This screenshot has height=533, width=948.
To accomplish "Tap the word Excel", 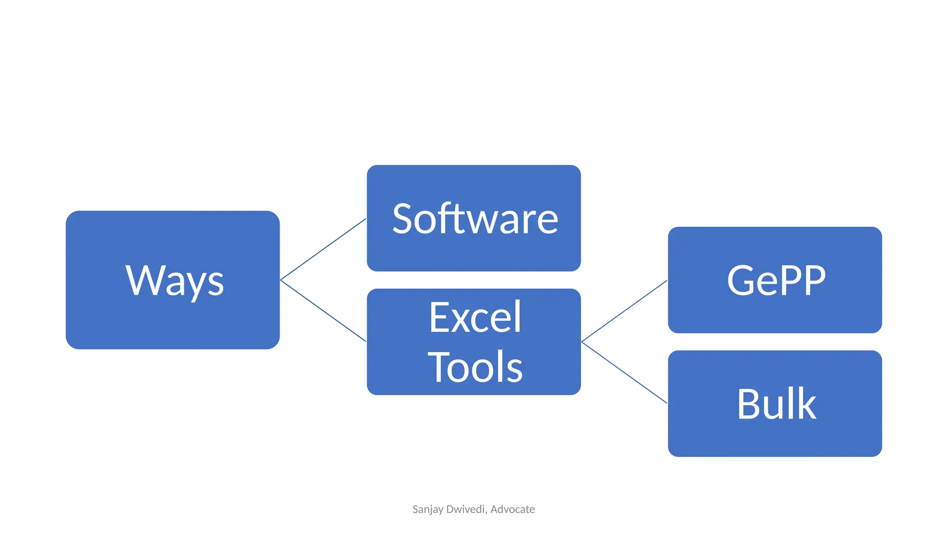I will coord(475,317).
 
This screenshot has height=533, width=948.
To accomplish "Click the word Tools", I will coord(475,367).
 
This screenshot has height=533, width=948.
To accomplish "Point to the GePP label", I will coord(776,280).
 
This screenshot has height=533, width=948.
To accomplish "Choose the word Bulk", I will coord(776,404).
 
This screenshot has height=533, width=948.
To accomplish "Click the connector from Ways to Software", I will coord(323,249).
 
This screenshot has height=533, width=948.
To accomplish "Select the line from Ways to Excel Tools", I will coord(323,311).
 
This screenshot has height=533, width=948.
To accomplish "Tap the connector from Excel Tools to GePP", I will coord(624,311).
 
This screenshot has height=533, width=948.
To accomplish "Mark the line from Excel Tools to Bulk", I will coord(624,372).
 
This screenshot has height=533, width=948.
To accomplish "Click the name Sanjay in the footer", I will coord(427,509).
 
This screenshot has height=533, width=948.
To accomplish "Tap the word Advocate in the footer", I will coord(512,509).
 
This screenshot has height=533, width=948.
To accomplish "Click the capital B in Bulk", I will coord(749,404).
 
